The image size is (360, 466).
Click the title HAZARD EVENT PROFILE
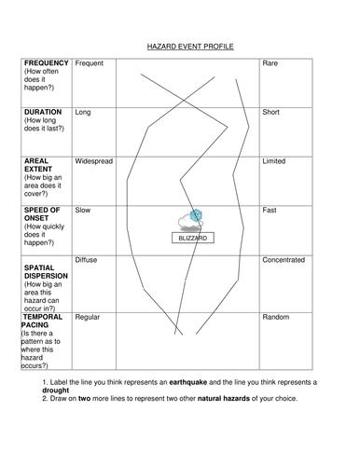(x=190, y=45)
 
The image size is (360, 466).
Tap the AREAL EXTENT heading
(x=36, y=166)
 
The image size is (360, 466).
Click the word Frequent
(x=89, y=63)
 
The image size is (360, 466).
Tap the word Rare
(x=270, y=63)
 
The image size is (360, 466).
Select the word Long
(x=83, y=112)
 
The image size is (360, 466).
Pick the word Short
(x=271, y=112)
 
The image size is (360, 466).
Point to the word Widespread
(x=93, y=161)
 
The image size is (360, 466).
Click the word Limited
(x=274, y=161)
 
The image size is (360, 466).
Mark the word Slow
(x=83, y=211)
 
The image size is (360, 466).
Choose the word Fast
(x=270, y=211)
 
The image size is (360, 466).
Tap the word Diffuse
(x=87, y=260)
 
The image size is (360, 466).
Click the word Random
(x=276, y=318)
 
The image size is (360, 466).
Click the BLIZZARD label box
(x=191, y=239)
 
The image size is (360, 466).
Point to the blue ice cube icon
(x=196, y=216)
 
